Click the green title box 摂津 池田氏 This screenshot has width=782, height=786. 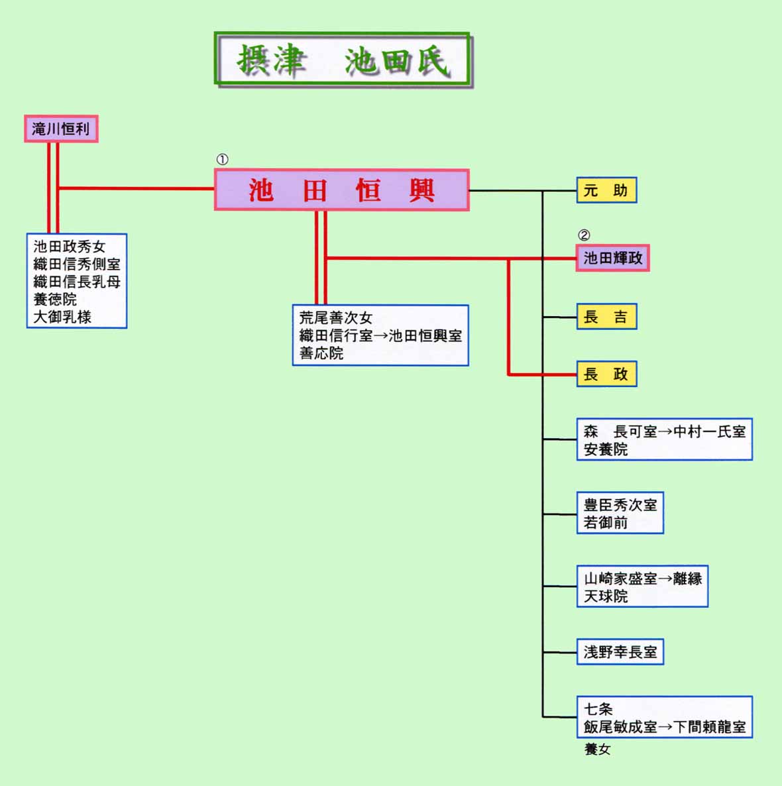343,60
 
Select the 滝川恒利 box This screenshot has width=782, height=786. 61,129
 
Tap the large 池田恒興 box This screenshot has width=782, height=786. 342,190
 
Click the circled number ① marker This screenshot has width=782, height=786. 222,160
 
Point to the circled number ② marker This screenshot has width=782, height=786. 584,235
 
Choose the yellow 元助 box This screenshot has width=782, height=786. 606,190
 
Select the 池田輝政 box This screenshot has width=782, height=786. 612,258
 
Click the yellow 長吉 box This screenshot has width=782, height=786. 606,316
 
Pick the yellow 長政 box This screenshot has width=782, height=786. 606,374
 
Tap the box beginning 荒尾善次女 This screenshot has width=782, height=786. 380,335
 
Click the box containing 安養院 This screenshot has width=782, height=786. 665,439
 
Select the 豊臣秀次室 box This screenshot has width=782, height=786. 620,513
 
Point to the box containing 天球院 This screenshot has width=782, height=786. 642,587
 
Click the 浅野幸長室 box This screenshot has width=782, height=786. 620,651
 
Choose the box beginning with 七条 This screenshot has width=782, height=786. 665,717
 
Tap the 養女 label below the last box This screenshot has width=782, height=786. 597,749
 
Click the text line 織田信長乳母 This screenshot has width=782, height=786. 77,282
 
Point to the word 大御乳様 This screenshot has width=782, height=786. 62,317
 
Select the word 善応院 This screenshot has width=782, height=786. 321,353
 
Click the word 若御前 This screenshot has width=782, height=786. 606,523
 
